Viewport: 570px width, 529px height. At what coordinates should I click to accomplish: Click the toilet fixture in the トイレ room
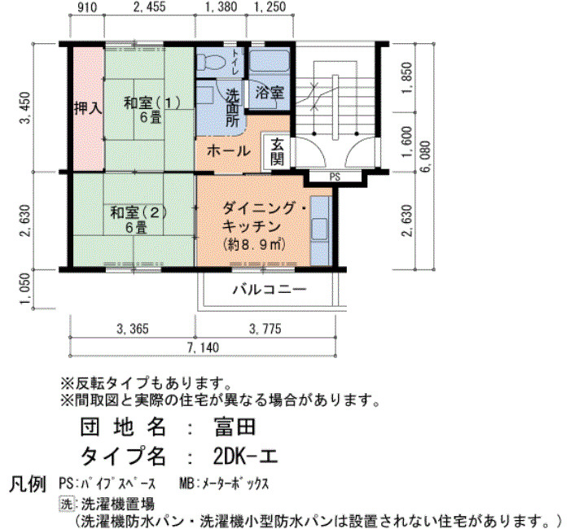click(210, 61)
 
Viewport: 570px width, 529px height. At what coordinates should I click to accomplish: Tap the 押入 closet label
click(88, 108)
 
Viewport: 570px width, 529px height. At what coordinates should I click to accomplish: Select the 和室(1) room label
click(152, 103)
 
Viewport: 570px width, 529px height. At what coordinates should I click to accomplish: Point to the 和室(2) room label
click(138, 212)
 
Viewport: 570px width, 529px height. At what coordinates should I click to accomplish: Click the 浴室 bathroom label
click(270, 92)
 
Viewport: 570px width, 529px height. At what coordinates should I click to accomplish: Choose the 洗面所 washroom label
click(233, 108)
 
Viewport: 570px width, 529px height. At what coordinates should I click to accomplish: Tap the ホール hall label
click(229, 151)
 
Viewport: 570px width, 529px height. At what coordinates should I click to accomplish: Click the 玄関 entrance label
click(277, 151)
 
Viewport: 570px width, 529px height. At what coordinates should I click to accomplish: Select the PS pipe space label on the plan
click(335, 177)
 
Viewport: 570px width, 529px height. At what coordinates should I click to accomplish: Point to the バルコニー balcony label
click(270, 289)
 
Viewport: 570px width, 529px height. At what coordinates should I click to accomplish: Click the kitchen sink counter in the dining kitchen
click(320, 231)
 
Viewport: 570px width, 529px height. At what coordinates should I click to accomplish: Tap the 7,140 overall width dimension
click(204, 348)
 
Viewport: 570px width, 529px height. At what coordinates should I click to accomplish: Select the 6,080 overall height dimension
click(426, 156)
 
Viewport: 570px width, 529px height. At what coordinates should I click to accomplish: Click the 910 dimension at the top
click(88, 7)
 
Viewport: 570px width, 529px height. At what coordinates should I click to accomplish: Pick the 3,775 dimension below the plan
click(265, 329)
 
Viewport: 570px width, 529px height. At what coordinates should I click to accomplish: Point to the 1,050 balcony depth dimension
click(24, 289)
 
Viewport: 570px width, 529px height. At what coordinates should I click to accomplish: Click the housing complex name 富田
click(235, 427)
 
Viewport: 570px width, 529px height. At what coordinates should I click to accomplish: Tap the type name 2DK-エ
click(246, 457)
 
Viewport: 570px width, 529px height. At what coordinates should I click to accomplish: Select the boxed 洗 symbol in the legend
click(66, 504)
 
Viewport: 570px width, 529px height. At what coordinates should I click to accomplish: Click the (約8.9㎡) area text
click(254, 244)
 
